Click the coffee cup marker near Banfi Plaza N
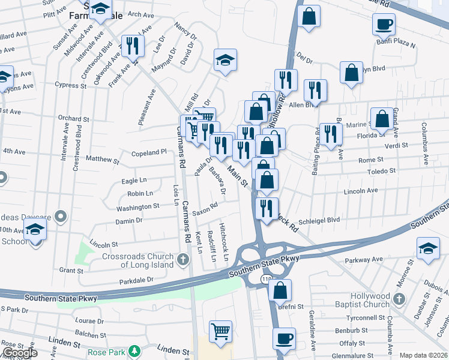coord(384,25)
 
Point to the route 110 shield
coord(265,280)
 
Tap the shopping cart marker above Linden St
coord(220,330)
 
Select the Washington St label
coord(138,207)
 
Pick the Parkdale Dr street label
coord(137,280)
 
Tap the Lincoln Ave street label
coord(361,191)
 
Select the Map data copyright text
coord(423,355)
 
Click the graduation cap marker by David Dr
coord(226,59)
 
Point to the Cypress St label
coord(71,85)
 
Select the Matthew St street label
coord(103,160)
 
